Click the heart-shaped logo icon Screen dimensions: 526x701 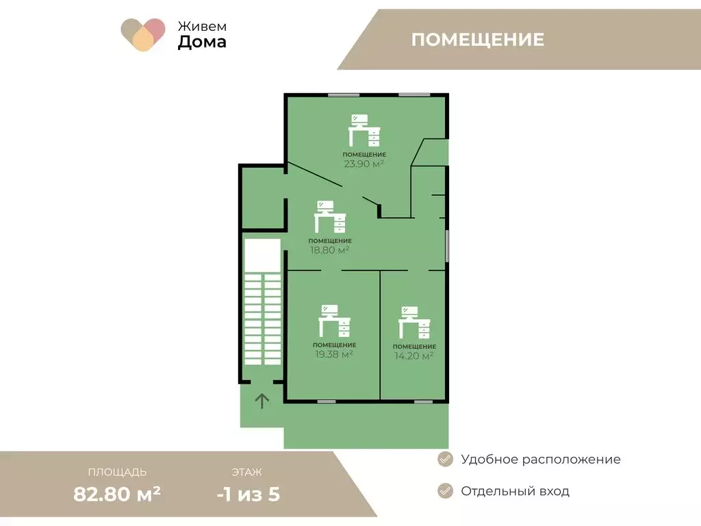(143, 34)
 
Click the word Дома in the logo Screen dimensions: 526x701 (202, 42)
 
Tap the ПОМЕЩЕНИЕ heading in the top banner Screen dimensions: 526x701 (478, 40)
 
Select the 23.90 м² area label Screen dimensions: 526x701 (364, 164)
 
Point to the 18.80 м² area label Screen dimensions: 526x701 (329, 250)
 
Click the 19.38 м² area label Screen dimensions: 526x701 (334, 354)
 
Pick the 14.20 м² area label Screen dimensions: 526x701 (414, 355)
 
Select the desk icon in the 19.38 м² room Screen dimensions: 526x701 (334, 321)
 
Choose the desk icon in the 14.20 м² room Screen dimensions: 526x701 (415, 323)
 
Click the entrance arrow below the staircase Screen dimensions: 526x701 (262, 401)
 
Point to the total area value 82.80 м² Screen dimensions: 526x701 (117, 493)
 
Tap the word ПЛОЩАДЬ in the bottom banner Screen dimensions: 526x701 (117, 472)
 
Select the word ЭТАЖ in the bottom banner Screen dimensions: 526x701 (246, 472)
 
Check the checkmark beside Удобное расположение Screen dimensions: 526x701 (445, 459)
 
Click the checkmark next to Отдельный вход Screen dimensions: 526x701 (445, 490)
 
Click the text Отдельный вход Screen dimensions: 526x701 (515, 491)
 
